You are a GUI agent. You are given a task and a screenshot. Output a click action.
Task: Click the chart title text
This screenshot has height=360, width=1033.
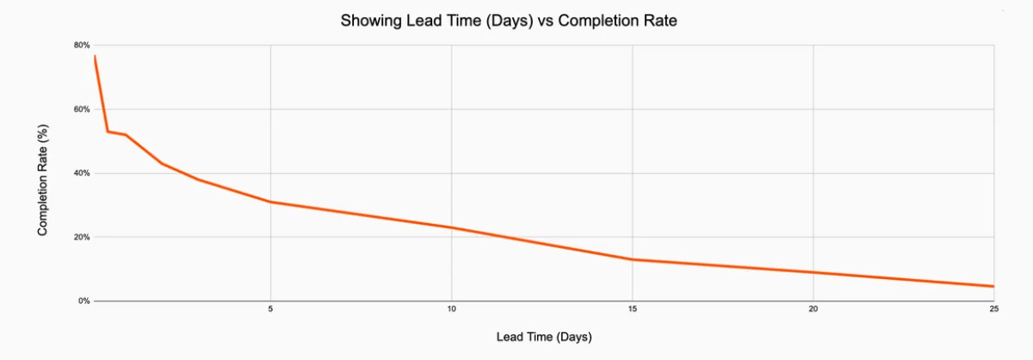[x=509, y=21]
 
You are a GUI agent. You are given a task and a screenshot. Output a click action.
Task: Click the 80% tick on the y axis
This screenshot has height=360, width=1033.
[x=81, y=45]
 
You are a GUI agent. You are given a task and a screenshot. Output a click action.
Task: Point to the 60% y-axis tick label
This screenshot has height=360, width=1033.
[x=81, y=109]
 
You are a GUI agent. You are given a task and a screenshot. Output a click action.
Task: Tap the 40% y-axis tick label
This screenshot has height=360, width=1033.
[x=81, y=173]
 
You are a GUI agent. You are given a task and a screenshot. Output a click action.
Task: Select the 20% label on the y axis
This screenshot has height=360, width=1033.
[x=81, y=237]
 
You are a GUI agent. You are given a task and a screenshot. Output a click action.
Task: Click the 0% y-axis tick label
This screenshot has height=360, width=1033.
[x=84, y=301]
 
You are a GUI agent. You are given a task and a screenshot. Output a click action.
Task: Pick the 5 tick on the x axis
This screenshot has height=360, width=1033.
[x=270, y=308]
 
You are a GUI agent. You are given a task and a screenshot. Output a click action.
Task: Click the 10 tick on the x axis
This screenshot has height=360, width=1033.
[x=451, y=308]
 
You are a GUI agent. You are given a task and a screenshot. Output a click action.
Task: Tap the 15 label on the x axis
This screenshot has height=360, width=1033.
[x=633, y=308]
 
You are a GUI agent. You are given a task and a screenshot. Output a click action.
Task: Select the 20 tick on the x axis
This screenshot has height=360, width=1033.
[x=813, y=308]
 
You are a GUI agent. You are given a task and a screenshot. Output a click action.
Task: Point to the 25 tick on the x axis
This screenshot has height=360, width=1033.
[x=994, y=308]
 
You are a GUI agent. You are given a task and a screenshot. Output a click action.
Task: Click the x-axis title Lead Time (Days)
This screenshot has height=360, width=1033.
[x=544, y=337]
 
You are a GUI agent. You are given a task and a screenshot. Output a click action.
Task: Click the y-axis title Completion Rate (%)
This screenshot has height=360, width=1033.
[x=42, y=179]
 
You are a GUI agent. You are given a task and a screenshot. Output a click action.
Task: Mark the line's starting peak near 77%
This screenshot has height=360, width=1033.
[x=95, y=56]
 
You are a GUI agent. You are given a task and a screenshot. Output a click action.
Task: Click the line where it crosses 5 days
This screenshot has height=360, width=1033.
[x=270, y=202]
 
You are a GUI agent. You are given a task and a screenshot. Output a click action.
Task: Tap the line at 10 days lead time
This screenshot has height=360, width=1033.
[x=451, y=227]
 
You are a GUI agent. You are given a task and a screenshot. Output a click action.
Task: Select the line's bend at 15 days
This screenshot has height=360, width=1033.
[x=633, y=259]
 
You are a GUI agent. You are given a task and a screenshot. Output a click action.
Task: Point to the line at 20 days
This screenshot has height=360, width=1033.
[x=813, y=272]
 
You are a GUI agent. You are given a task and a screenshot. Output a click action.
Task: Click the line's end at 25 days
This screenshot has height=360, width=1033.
[x=993, y=286]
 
